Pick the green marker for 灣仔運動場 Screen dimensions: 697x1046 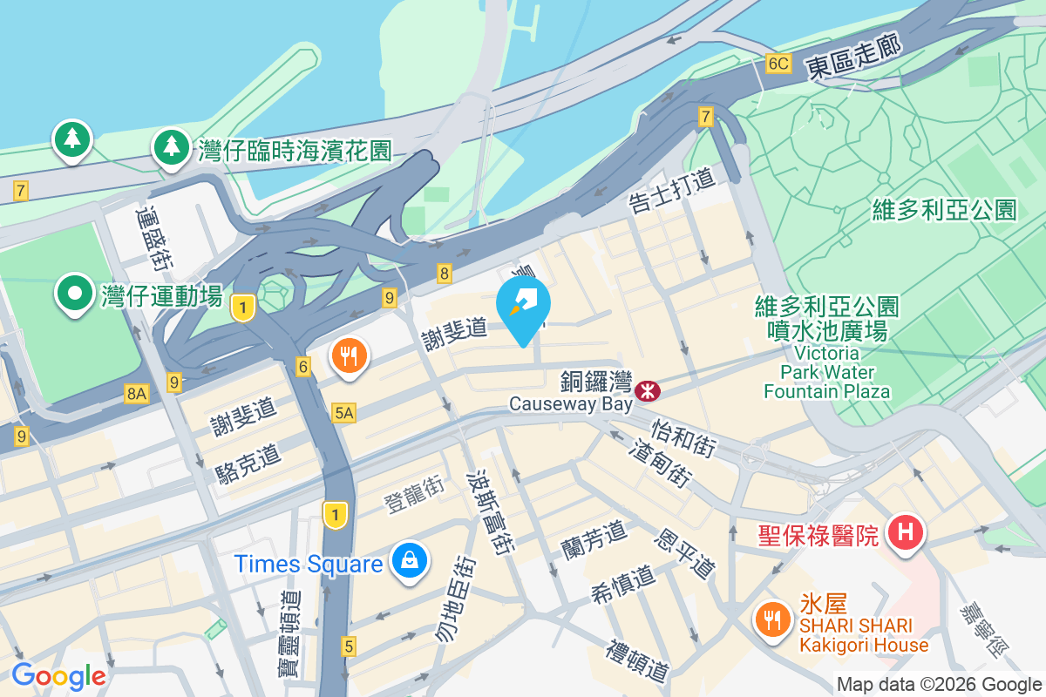(75, 294)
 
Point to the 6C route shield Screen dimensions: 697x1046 (778, 63)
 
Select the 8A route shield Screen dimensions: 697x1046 (137, 394)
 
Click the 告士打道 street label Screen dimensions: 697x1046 (672, 189)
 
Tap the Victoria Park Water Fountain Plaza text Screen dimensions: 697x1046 (826, 372)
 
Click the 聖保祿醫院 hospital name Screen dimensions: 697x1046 (805, 532)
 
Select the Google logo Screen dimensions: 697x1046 (58, 676)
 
